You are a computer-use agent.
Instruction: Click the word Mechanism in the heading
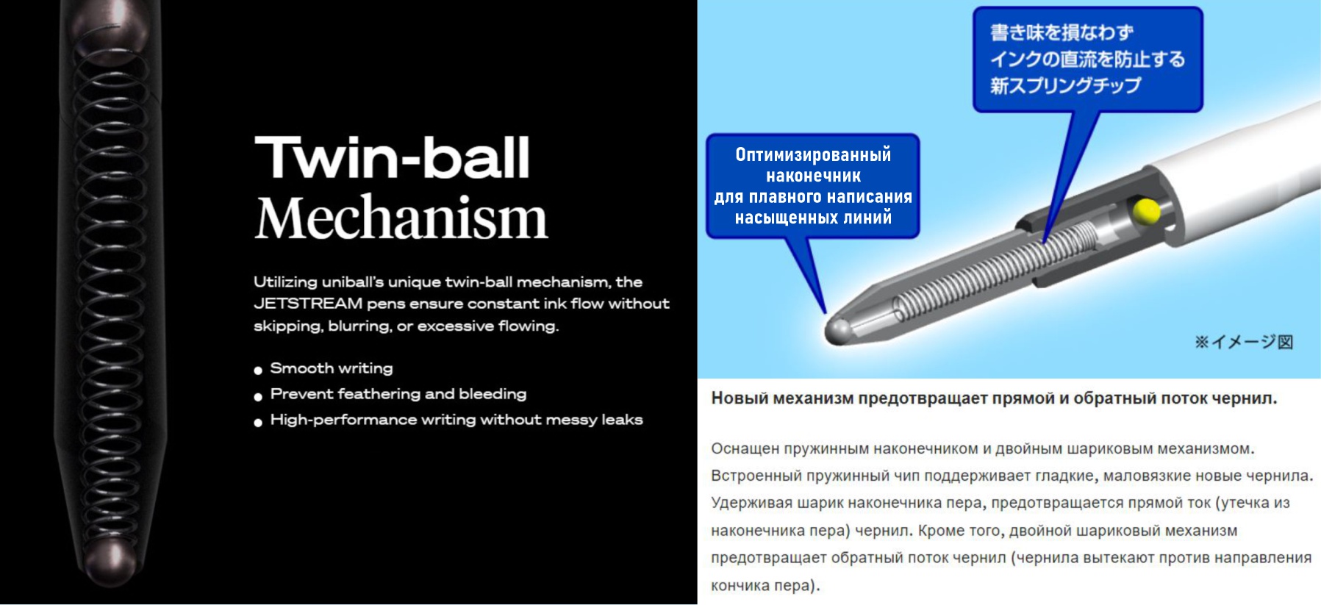(x=401, y=218)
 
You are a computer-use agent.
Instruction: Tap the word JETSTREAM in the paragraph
(x=308, y=304)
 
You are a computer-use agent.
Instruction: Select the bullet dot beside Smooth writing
(x=258, y=370)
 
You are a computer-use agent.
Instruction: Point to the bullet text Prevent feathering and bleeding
(x=398, y=394)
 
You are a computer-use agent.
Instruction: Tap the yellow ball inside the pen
(x=1146, y=210)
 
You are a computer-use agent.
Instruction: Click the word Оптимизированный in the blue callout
(x=813, y=154)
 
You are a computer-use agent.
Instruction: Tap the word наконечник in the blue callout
(x=813, y=176)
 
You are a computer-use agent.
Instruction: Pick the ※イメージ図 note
(x=1244, y=342)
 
